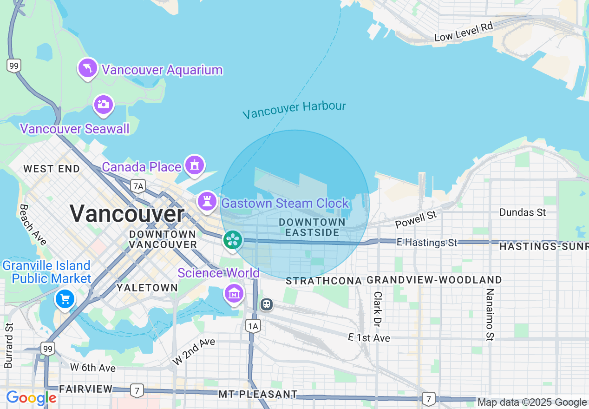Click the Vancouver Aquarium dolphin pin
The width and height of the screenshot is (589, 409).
87,68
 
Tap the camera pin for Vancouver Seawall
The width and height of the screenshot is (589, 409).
103,104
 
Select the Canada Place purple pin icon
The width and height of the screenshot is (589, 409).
195,165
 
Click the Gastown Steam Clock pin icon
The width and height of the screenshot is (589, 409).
207,201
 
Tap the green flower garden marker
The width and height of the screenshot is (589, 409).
232,240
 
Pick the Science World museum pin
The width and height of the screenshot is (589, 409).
234,293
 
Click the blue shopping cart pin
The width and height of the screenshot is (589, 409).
65,299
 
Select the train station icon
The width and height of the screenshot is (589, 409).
267,305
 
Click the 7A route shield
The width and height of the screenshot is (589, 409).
138,186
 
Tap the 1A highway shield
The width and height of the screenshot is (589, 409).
253,326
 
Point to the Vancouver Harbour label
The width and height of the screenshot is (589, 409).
294,110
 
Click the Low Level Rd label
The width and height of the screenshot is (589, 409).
463,32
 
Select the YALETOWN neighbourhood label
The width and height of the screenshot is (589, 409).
147,288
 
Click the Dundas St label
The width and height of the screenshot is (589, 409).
523,212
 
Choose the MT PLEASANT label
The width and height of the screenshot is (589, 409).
258,395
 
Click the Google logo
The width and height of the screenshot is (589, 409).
31,398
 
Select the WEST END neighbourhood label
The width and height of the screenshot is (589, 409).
52,169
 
